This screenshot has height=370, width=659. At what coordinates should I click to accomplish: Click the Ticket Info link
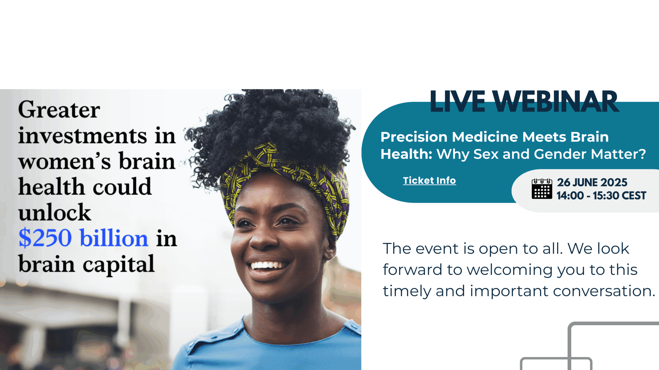coord(429,181)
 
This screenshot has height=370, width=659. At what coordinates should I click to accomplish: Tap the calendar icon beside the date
coord(542,189)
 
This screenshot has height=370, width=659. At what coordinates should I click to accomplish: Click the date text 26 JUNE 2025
coord(592,183)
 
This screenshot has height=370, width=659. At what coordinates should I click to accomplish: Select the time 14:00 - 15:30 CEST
coord(601,196)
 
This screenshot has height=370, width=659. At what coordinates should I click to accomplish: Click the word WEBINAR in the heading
coord(557,102)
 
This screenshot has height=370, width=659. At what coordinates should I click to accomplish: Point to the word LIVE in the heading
coord(457,102)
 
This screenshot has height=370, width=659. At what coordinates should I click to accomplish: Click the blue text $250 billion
coord(83,238)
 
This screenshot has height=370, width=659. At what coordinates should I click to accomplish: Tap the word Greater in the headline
coord(59,110)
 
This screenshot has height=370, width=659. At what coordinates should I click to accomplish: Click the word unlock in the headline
coord(55,212)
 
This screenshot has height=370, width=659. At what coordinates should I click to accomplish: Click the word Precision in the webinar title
coord(414,137)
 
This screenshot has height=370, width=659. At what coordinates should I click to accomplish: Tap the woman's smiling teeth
coord(269,265)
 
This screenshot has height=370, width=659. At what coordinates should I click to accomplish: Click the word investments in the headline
coord(83,136)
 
